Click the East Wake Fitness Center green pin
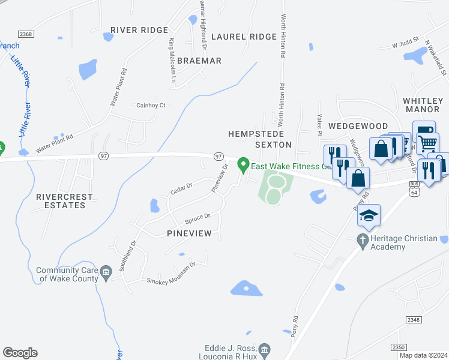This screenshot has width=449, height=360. click(243, 163)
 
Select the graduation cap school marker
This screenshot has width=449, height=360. click(369, 215)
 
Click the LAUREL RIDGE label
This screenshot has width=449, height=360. click(244, 37)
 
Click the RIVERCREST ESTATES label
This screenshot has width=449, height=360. click(64, 200)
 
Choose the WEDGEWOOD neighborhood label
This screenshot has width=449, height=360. click(358, 126)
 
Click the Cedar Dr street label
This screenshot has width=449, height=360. click(181, 188)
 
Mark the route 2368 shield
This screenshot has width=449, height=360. click(25, 34)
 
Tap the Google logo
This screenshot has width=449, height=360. click(20, 353)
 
